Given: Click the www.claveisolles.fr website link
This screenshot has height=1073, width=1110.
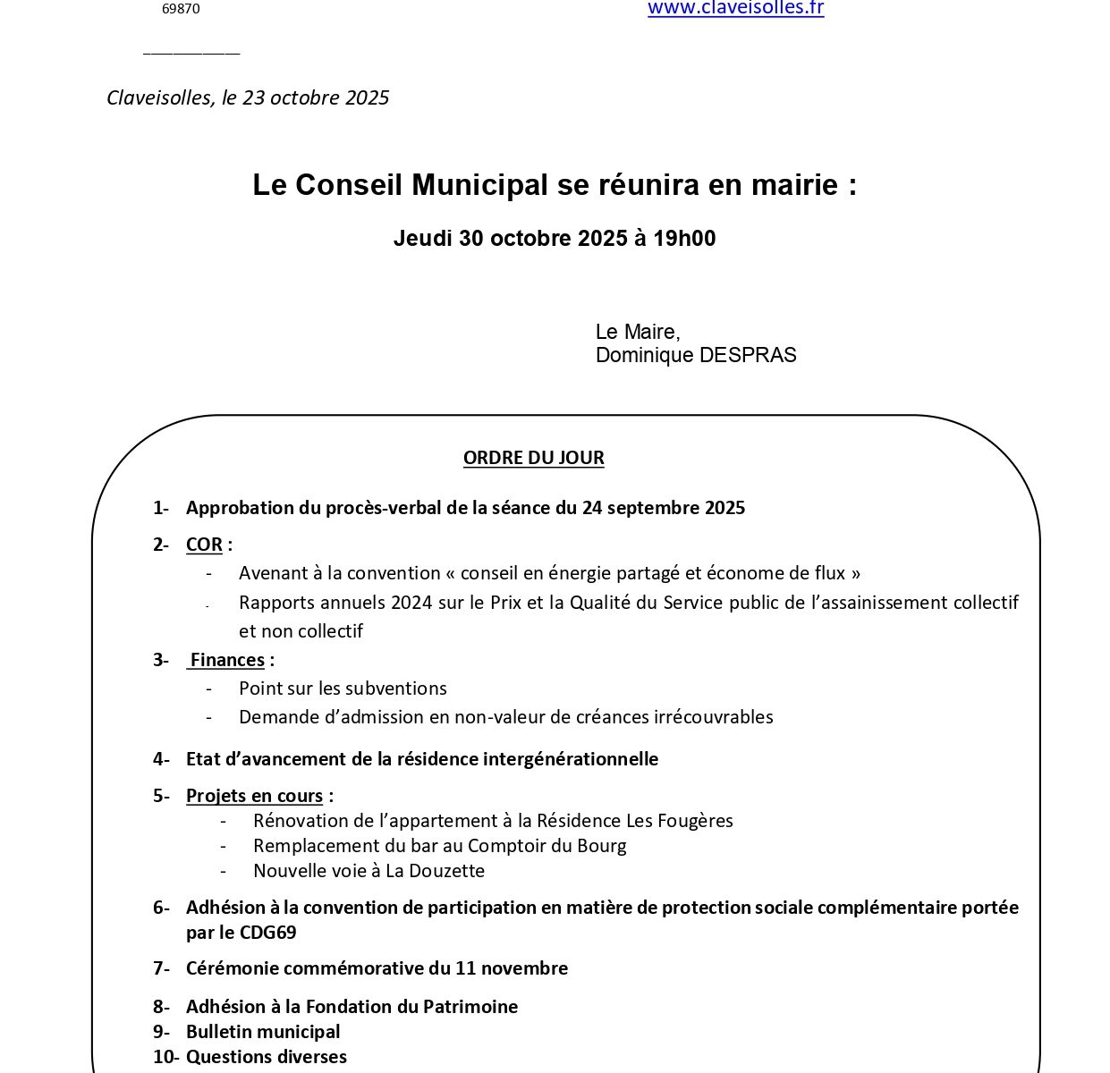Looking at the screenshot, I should [x=735, y=8].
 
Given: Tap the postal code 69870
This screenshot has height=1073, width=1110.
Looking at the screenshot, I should [x=181, y=9].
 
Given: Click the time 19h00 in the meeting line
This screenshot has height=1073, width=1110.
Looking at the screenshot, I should [x=684, y=239].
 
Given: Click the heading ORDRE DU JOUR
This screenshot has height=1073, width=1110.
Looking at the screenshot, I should [x=533, y=458].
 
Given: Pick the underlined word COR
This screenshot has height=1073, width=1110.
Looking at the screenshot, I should [x=204, y=545].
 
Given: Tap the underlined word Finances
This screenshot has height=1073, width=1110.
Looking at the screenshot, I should [x=227, y=660].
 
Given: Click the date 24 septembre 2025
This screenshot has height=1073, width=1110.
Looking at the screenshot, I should [x=663, y=508].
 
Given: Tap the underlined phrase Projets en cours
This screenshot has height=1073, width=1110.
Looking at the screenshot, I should [x=254, y=796].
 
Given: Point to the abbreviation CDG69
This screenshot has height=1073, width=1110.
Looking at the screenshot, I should [x=267, y=933].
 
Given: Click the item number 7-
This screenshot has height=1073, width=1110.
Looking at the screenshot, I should [x=161, y=968].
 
